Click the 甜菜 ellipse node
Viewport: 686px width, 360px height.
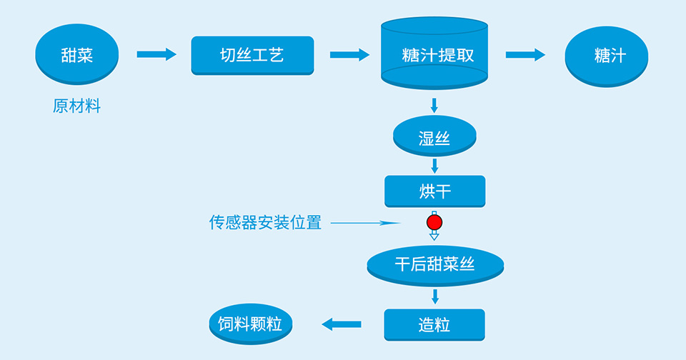coord(76,55)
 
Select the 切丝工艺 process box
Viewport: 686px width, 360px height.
coord(252,55)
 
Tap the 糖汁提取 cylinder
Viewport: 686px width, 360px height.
coord(434,56)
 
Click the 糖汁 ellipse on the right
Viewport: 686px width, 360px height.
coord(606,56)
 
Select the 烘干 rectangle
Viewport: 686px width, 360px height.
coord(434,191)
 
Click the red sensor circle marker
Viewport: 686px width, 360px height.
coord(434,223)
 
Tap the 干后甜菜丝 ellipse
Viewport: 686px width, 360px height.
coord(434,264)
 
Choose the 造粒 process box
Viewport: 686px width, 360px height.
coord(434,324)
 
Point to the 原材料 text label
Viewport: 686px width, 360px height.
coord(76,107)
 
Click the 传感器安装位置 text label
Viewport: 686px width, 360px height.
coord(265,223)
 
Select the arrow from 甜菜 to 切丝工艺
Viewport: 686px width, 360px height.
coord(156,54)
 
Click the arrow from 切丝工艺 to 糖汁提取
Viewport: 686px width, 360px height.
coord(349,55)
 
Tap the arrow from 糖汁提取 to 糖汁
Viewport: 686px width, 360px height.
coord(525,55)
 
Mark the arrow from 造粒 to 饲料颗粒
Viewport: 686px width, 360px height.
coord(342,324)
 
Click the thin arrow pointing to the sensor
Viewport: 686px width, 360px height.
coord(364,223)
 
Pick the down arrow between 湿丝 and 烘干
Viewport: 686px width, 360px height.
coord(434,166)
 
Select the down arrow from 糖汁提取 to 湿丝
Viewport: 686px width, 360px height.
coord(434,105)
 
